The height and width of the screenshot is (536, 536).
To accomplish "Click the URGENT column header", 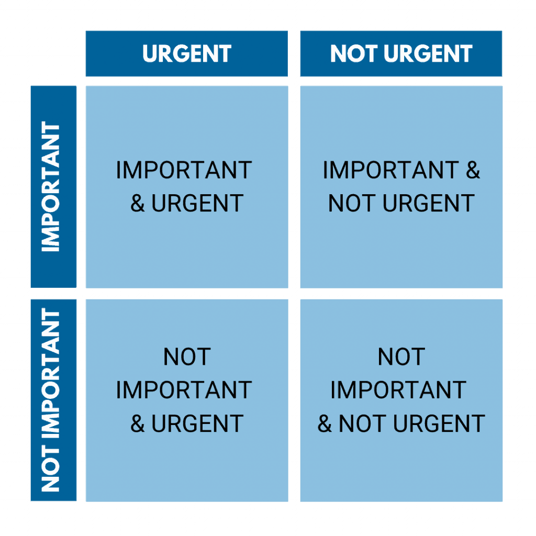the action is [x=187, y=54].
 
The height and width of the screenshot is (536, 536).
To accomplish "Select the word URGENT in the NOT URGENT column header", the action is [x=428, y=54].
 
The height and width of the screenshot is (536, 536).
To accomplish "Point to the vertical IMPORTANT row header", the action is [x=51, y=187].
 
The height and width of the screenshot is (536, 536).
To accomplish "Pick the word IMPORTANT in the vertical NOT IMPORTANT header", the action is [x=51, y=373].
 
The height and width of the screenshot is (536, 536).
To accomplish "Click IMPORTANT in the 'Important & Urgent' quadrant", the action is [x=184, y=170].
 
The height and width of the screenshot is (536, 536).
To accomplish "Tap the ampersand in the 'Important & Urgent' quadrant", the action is [x=138, y=204].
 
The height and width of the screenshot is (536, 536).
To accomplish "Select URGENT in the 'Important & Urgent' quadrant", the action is [x=197, y=204].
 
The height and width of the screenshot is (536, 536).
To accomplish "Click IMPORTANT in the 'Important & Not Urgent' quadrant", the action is [x=390, y=170].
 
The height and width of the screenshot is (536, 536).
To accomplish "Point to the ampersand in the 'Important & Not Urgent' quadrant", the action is [x=473, y=170].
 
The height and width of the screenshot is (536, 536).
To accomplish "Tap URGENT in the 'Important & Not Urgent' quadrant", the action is [x=429, y=204].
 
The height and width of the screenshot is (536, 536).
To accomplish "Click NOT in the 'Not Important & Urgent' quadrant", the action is [x=187, y=356].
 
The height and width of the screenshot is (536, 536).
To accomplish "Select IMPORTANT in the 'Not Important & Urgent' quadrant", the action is [x=184, y=390].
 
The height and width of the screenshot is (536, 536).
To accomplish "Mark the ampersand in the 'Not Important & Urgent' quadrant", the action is [x=138, y=423].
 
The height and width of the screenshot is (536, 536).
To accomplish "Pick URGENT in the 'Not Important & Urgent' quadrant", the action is [x=197, y=423].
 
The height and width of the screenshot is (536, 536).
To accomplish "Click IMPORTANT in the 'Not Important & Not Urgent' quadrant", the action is [x=398, y=390].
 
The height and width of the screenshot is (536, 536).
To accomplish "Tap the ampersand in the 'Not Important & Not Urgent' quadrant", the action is [x=325, y=423].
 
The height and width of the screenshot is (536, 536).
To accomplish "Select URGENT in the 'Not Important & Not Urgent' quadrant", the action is [x=439, y=423].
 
